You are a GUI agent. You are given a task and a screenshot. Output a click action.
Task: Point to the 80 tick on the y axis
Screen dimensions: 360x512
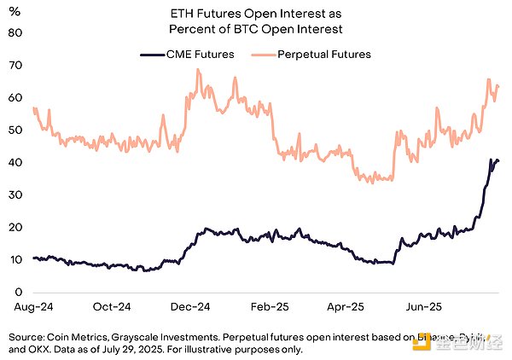15,32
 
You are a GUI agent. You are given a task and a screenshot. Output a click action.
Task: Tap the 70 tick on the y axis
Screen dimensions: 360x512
15,65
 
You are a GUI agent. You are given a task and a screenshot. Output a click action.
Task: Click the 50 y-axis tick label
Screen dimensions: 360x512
15,130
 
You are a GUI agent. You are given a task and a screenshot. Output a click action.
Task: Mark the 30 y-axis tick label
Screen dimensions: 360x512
15,195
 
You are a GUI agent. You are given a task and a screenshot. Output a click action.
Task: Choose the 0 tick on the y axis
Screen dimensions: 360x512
18,292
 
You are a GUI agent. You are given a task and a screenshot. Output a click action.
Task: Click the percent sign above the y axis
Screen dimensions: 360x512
15,10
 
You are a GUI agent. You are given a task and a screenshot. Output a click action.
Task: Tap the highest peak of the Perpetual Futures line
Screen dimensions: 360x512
198,69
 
